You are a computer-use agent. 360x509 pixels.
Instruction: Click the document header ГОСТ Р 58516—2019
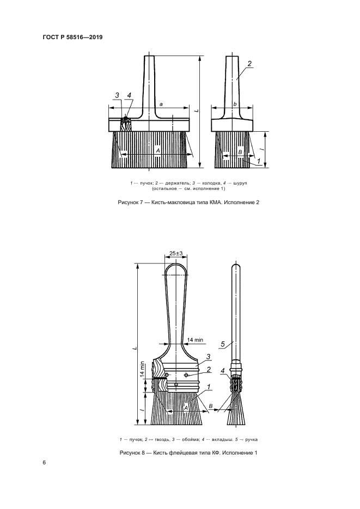click(x=72, y=37)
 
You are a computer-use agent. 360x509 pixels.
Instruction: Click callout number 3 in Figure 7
click(x=117, y=96)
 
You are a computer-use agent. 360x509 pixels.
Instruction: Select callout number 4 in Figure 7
click(x=129, y=96)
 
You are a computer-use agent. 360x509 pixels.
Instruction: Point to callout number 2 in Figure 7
click(x=249, y=64)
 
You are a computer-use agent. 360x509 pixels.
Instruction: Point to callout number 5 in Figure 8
click(x=223, y=343)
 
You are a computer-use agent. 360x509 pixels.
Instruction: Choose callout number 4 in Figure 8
click(x=223, y=371)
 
